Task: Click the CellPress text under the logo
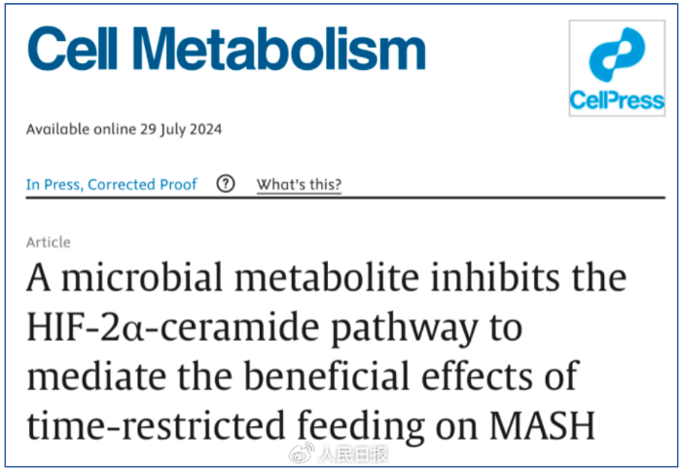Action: (617, 100)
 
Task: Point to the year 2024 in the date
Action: (204, 129)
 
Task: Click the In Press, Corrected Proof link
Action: (112, 184)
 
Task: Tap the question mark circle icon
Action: (226, 184)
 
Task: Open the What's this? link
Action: (299, 184)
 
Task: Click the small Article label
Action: (49, 242)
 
